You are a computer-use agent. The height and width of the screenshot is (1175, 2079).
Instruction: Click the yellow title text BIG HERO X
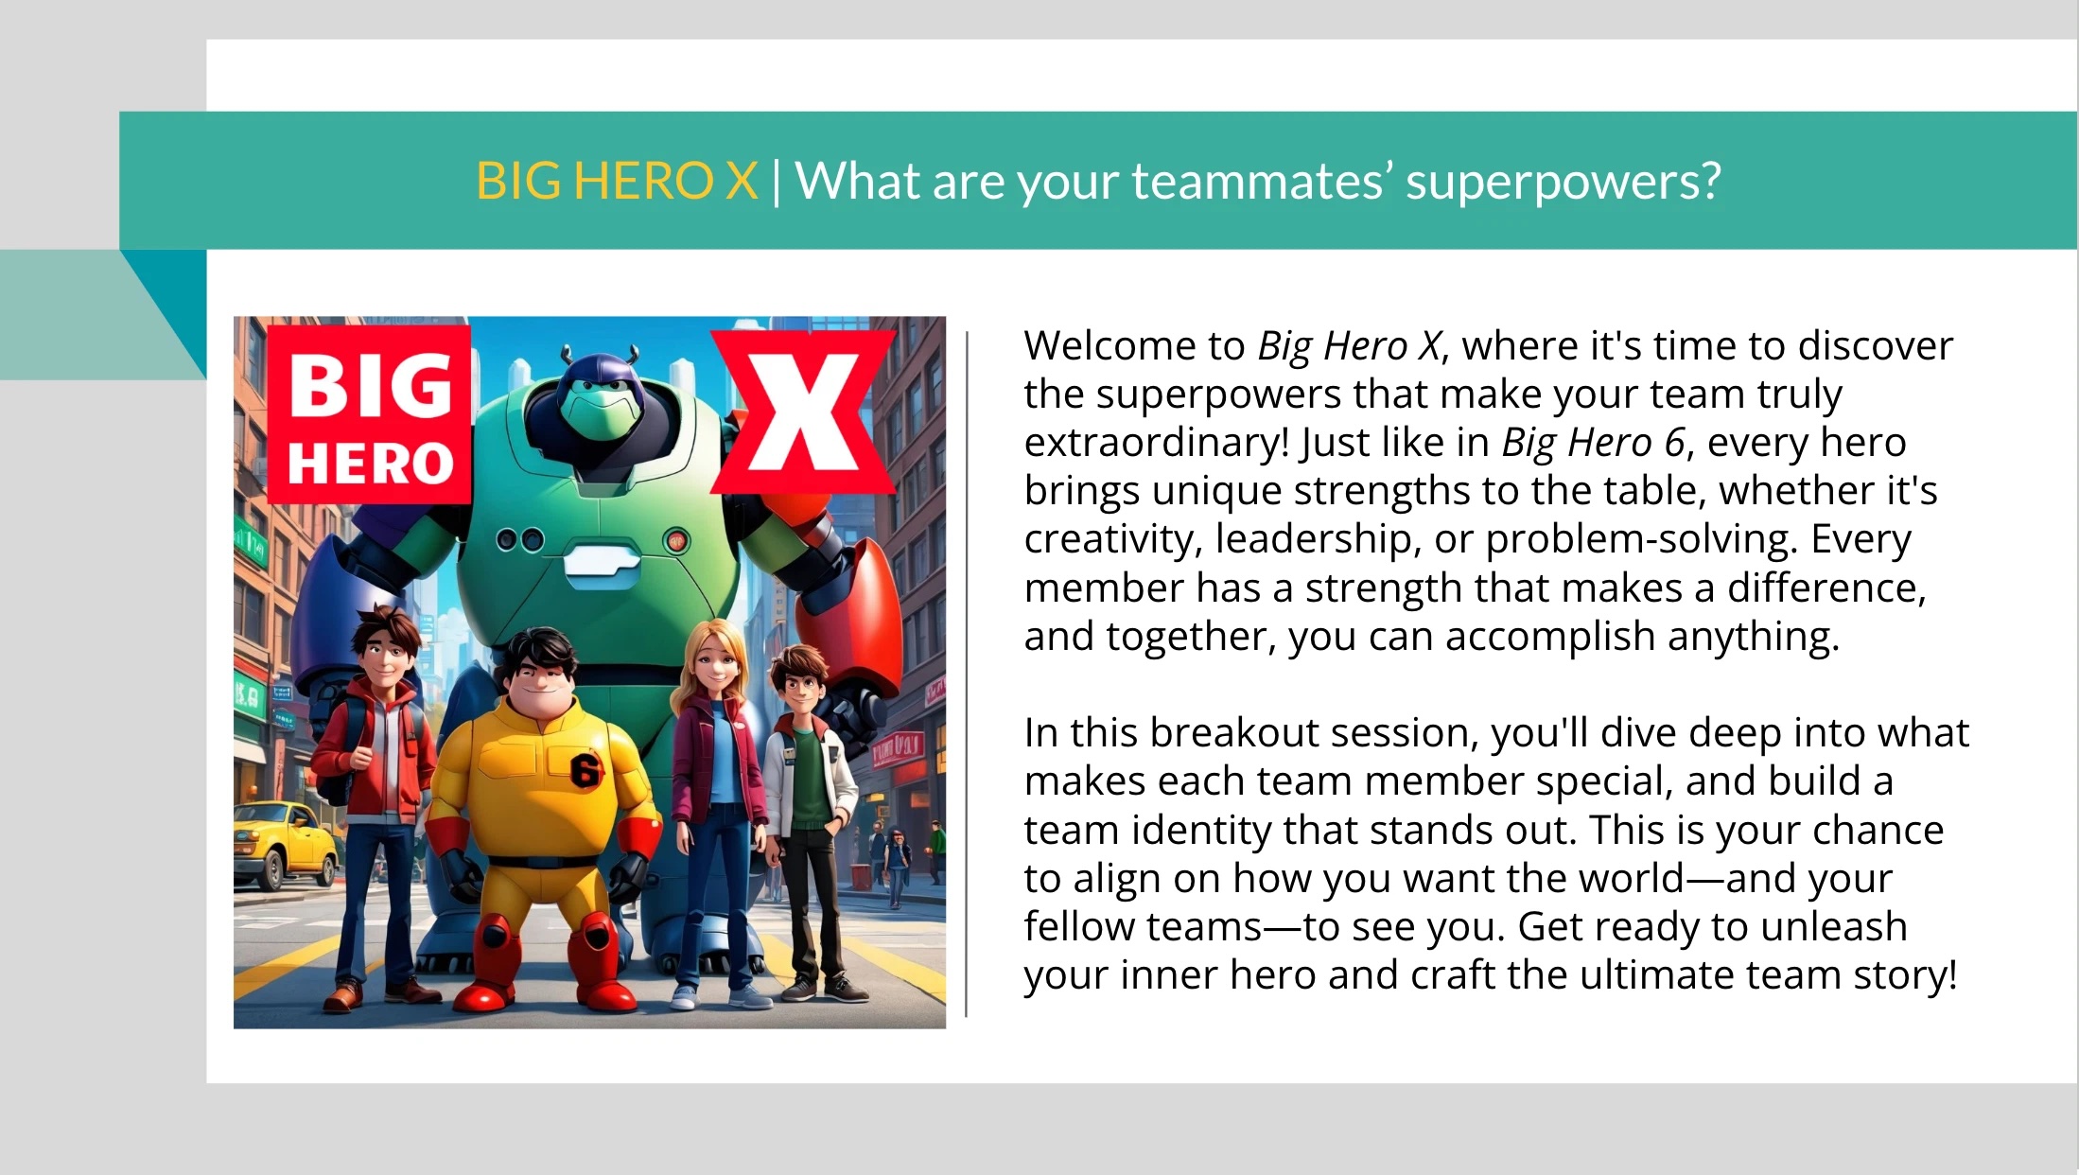pyautogui.click(x=617, y=181)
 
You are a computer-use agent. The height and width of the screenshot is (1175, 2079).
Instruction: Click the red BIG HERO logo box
pyautogui.click(x=370, y=414)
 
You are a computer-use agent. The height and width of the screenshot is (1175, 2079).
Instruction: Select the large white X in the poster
pyautogui.click(x=803, y=412)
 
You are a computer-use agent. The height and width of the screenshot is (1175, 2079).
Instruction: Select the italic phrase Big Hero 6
pyautogui.click(x=1593, y=443)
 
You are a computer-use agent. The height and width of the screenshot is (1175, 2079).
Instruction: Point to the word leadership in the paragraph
pyautogui.click(x=1318, y=539)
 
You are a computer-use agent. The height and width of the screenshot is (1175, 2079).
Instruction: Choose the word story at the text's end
pyautogui.click(x=1901, y=975)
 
